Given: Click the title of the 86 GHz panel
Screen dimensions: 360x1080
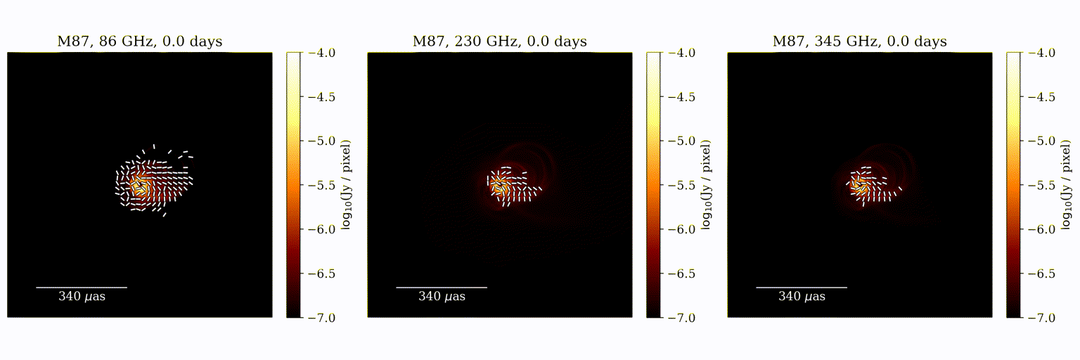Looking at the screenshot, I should coord(139,41).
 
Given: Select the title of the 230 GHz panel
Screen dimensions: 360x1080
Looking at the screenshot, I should coord(499,41).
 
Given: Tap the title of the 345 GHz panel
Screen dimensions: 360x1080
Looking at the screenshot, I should coord(859,41).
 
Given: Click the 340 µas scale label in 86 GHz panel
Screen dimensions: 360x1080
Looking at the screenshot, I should coord(82,297).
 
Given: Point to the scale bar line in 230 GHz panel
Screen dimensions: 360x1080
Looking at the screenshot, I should coord(442,288).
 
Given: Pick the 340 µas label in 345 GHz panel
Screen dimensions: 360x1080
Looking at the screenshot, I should coord(802,297).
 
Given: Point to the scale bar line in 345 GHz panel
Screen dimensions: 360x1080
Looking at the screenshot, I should coord(802,288).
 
